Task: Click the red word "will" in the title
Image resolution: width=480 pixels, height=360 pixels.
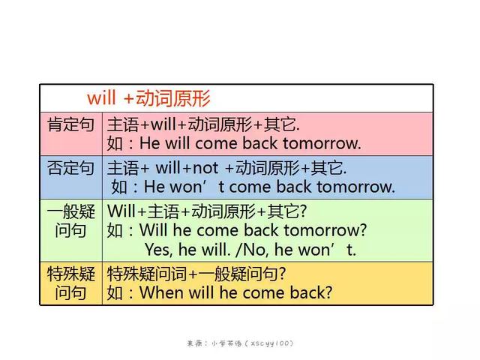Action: [x=101, y=98]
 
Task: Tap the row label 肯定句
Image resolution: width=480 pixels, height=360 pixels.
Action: [x=70, y=124]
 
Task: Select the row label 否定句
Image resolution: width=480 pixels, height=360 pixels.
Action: [x=70, y=168]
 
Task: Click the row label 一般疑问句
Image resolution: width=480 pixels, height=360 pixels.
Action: [x=70, y=220]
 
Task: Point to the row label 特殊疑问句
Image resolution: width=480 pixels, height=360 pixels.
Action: [x=70, y=283]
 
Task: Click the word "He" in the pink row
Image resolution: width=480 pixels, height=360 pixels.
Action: [x=150, y=143]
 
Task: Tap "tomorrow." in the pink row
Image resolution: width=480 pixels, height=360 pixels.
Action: [x=322, y=143]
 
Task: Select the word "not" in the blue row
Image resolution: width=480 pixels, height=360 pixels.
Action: [x=205, y=168]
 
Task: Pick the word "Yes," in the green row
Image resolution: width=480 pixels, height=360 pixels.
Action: [x=157, y=250]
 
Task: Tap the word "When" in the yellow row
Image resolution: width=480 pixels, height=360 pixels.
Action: [x=161, y=292]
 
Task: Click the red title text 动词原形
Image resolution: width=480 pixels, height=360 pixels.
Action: [x=173, y=98]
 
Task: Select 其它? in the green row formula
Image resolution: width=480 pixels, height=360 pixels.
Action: [x=286, y=211]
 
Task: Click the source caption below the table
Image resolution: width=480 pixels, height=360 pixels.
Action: [x=240, y=343]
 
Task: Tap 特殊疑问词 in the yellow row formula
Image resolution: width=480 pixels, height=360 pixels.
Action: [x=147, y=274]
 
